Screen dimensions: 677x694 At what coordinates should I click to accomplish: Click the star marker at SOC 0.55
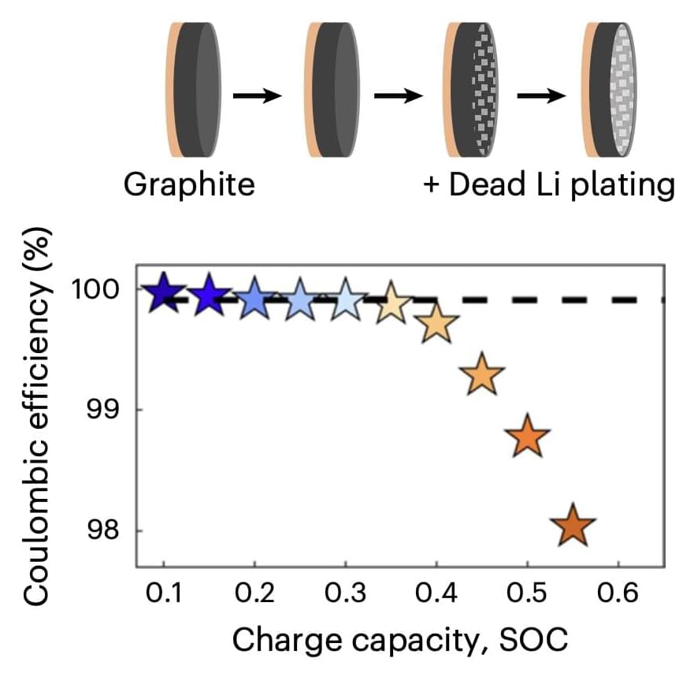pyautogui.click(x=573, y=527)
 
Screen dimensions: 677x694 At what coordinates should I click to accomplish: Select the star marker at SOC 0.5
pyautogui.click(x=528, y=437)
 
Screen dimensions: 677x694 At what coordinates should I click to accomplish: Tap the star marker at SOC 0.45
pyautogui.click(x=483, y=375)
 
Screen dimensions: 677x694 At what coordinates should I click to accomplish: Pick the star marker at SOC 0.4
pyautogui.click(x=436, y=325)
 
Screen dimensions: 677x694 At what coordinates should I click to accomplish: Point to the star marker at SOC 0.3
pyautogui.click(x=345, y=300)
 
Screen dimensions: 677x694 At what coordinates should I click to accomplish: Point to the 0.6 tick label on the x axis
pyautogui.click(x=618, y=594)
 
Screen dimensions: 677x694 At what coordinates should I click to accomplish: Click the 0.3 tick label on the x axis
pyautogui.click(x=345, y=594)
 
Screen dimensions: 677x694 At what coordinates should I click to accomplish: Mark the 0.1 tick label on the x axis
pyautogui.click(x=163, y=594)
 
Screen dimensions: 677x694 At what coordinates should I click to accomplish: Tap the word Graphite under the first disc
pyautogui.click(x=189, y=184)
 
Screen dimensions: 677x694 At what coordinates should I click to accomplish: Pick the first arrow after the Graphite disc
pyautogui.click(x=258, y=95)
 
